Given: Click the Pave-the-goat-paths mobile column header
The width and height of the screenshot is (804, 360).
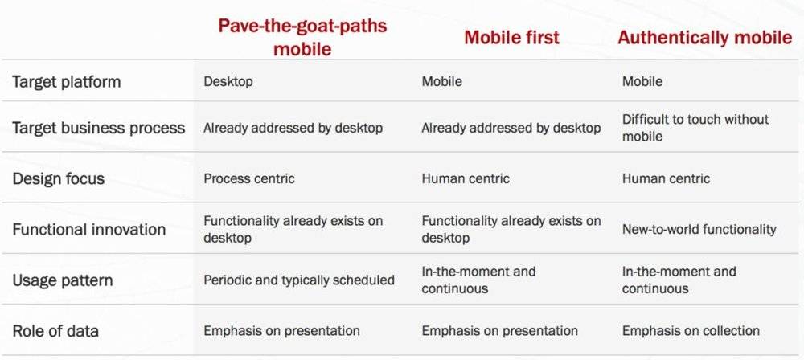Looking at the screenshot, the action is tap(302, 37).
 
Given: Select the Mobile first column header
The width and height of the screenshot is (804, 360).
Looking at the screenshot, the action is tap(511, 38).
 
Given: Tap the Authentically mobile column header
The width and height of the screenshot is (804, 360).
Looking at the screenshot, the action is tap(705, 38).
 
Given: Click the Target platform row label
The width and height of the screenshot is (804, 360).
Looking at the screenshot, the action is tap(67, 81).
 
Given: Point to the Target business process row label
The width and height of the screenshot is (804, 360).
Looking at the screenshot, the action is tap(98, 127).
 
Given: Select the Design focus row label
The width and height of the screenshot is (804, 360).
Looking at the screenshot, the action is tap(59, 178).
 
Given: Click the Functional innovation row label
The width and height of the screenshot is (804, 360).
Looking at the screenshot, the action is tap(89, 229).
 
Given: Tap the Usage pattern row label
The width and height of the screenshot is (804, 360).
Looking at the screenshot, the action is tap(63, 280).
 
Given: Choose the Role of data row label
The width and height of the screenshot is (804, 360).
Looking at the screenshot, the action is tap(55, 331).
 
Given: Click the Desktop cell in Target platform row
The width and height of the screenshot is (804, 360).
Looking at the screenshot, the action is tap(228, 81).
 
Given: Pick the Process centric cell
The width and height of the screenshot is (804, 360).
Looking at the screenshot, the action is tap(249, 178).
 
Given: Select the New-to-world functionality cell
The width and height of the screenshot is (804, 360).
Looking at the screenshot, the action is tap(699, 229).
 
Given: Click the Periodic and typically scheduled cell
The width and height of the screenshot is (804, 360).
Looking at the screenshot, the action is tap(299, 280).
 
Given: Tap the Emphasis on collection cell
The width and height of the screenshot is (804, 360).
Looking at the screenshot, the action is tap(691, 331).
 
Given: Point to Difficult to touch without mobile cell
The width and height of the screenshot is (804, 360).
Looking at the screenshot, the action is tap(695, 128).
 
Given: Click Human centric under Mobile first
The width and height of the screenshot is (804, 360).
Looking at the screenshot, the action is tap(466, 178).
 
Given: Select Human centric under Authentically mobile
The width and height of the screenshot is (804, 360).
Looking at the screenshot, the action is tap(666, 178).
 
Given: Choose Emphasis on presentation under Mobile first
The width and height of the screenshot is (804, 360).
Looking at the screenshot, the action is tap(499, 331).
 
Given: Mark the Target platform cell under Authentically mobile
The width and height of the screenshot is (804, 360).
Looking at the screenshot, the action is tap(642, 81).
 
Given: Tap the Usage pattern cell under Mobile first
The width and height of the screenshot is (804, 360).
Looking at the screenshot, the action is tap(478, 280).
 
